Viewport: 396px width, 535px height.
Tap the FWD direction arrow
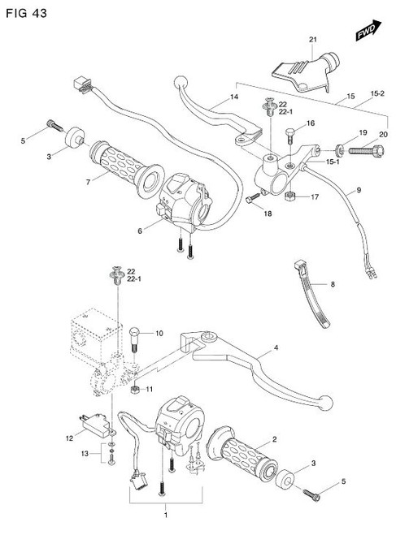[366, 31]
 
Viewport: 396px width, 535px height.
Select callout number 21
[311, 40]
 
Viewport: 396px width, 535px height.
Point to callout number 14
[234, 97]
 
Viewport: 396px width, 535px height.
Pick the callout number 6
[140, 231]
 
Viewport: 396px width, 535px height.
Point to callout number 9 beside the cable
[355, 190]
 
